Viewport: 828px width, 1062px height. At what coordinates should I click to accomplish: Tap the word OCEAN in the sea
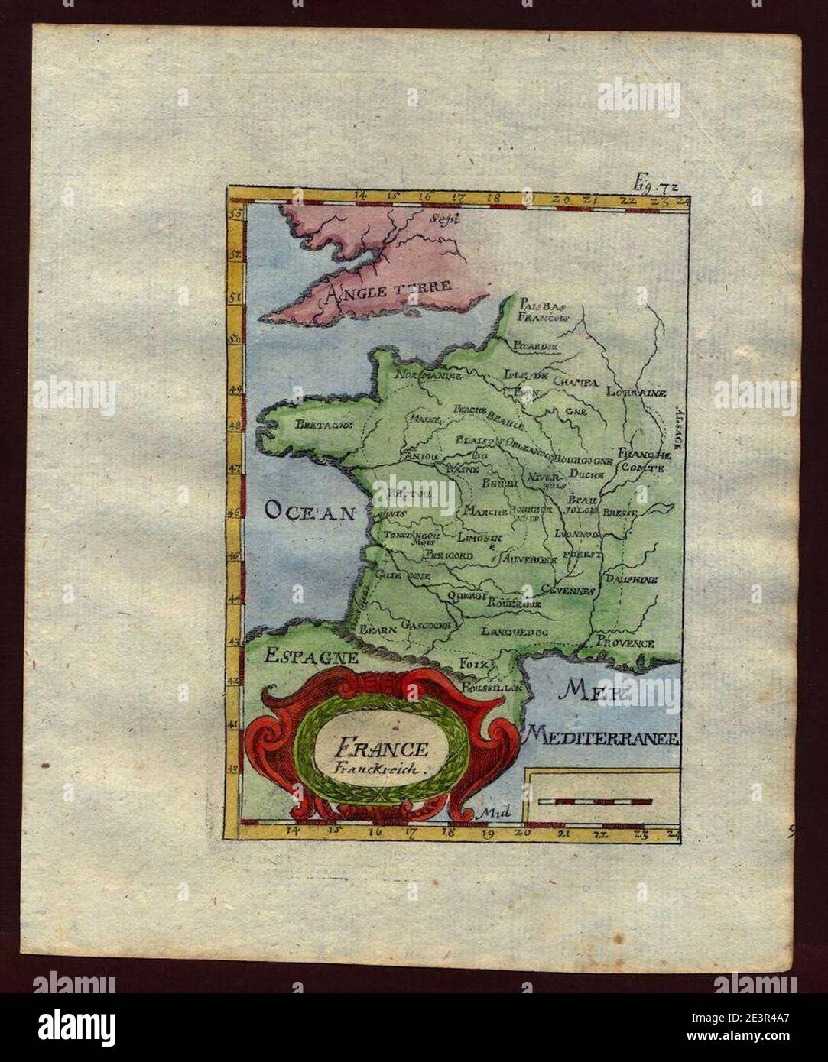pyautogui.click(x=311, y=511)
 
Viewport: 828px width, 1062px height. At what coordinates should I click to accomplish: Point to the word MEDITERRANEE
pyautogui.click(x=602, y=738)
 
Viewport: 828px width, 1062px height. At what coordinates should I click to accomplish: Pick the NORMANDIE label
pyautogui.click(x=428, y=375)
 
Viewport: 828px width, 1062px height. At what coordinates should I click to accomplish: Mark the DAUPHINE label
pyautogui.click(x=631, y=580)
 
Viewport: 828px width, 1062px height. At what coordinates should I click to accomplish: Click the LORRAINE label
pyautogui.click(x=636, y=392)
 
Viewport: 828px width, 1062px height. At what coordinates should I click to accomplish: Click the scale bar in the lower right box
pyautogui.click(x=594, y=801)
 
